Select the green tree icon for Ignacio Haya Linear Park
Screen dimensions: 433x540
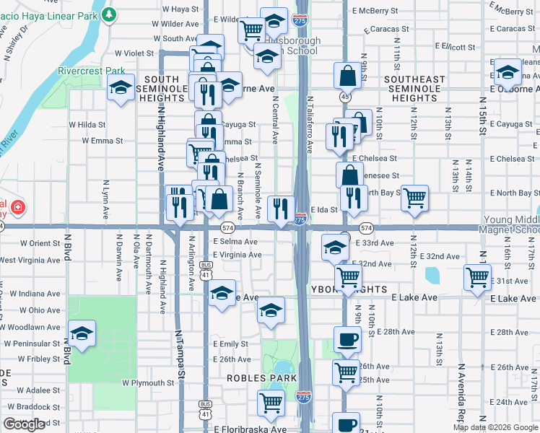pyautogui.click(x=108, y=14)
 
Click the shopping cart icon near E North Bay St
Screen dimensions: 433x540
pyautogui.click(x=414, y=197)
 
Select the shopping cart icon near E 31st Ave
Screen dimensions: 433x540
pyautogui.click(x=478, y=277)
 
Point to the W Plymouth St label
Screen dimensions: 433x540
pyautogui.click(x=148, y=382)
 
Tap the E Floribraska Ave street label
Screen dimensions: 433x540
pyautogui.click(x=250, y=429)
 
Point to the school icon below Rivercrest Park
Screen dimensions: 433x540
pyautogui.click(x=121, y=89)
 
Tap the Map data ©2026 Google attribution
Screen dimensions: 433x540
pyautogui.click(x=495, y=427)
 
